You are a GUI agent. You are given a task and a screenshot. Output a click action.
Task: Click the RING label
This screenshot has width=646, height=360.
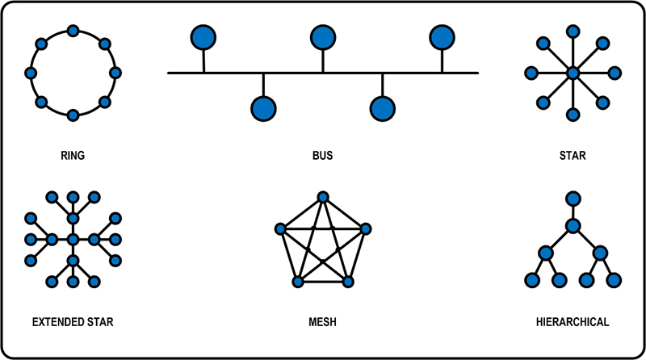(73, 155)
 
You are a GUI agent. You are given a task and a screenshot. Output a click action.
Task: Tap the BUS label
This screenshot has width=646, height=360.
(322, 155)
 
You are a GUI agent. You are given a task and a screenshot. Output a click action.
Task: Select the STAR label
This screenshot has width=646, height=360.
(573, 155)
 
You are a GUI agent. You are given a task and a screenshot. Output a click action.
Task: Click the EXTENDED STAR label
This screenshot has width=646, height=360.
(73, 322)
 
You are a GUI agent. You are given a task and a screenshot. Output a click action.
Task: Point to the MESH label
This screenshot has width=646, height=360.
(322, 322)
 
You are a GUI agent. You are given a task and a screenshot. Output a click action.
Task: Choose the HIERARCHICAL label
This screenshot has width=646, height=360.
(573, 322)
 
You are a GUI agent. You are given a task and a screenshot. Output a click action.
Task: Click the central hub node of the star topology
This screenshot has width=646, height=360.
(573, 73)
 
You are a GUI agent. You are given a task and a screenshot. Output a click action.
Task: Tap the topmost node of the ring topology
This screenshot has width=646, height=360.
(73, 31)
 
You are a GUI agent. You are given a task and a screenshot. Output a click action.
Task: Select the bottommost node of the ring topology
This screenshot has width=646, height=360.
(73, 115)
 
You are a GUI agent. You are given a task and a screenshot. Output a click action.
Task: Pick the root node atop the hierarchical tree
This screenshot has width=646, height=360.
(573, 198)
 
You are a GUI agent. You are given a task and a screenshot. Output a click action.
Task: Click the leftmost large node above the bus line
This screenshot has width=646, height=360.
(203, 37)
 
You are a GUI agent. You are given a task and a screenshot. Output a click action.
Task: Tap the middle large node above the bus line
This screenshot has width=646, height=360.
(322, 37)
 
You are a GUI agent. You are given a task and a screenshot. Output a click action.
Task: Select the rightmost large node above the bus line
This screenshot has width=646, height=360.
(441, 37)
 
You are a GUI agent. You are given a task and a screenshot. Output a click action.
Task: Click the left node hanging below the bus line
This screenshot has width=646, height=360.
(262, 108)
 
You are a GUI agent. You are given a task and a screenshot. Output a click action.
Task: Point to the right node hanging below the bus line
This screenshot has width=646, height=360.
(382, 108)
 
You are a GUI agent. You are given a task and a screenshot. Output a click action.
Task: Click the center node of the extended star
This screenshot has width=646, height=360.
(73, 239)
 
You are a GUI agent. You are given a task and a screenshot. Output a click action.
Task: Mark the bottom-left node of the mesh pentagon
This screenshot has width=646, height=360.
(297, 281)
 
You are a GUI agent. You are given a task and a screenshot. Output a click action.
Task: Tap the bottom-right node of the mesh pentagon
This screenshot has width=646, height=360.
(348, 281)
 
